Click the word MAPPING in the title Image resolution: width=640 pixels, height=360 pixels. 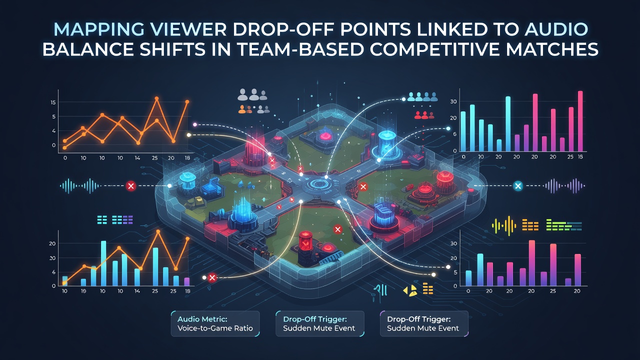click(x=98, y=29)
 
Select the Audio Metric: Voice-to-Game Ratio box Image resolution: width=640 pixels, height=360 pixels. click(x=215, y=323)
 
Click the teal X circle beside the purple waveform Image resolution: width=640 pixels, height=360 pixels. click(x=517, y=186)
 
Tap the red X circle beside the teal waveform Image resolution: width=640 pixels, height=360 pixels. click(x=131, y=186)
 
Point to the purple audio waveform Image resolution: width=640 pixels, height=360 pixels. click(x=564, y=185)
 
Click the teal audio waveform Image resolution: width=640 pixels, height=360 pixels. click(x=80, y=186)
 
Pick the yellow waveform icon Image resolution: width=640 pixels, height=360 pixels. click(x=503, y=225)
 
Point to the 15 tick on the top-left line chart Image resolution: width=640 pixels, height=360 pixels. click(x=53, y=102)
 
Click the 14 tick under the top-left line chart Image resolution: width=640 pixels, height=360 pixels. click(x=137, y=157)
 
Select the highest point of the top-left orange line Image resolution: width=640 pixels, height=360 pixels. click(x=156, y=98)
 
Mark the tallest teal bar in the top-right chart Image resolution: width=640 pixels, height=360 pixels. click(x=508, y=123)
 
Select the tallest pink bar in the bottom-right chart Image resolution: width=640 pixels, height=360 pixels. click(x=532, y=263)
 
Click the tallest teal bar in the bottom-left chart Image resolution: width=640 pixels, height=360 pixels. click(x=103, y=263)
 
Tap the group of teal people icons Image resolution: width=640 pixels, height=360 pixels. click(x=422, y=96)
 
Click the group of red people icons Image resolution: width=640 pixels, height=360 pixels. click(x=424, y=115)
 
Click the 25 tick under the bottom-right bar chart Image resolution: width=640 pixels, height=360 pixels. click(x=553, y=291)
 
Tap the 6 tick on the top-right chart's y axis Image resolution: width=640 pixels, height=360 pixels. click(x=454, y=134)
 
